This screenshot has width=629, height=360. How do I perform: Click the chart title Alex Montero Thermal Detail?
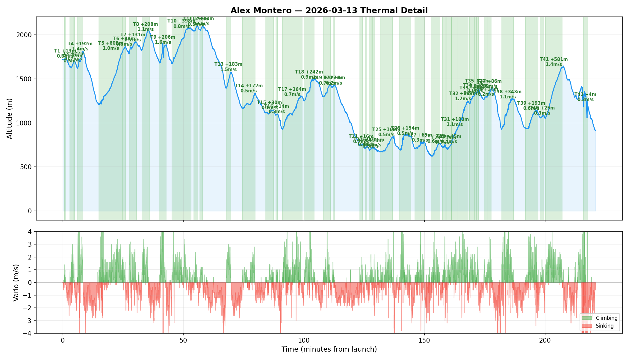coord(329,11)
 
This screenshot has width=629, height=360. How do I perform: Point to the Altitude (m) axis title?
coord(10,118)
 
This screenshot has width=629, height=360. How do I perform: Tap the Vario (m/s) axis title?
coord(16,283)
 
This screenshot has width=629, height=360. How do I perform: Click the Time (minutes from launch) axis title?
coord(329,349)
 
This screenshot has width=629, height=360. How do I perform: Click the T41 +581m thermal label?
coord(554,59)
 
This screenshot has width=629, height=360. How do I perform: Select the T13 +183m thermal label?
coord(228,64)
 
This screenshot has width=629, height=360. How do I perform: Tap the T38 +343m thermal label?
coord(507,92)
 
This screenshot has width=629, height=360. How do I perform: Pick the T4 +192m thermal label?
coord(80,44)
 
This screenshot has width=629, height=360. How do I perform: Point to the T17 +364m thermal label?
coord(292,89)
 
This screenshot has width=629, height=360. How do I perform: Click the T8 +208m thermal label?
coord(145,24)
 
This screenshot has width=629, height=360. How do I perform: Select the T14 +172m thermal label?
coord(249,86)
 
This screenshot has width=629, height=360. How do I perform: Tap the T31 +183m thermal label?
coord(455,119)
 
